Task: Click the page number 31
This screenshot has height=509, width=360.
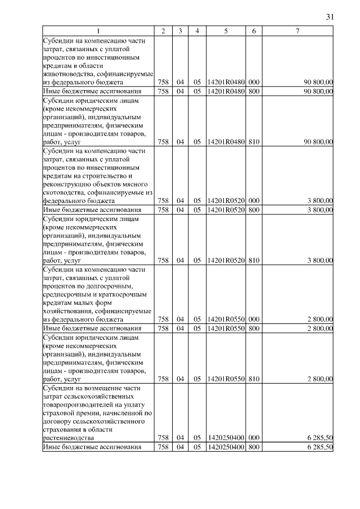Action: click(330, 16)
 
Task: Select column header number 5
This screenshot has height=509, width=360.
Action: click(225, 30)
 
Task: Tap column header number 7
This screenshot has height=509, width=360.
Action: click(296, 30)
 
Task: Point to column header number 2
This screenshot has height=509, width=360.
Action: click(163, 30)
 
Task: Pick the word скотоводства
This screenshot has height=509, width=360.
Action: click(62, 192)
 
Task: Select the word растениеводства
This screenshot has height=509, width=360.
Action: click(68, 437)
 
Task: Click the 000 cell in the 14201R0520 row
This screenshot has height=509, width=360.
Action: click(254, 201)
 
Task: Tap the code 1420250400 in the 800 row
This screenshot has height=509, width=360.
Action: click(225, 447)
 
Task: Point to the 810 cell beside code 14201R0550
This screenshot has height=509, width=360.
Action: click(254, 379)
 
